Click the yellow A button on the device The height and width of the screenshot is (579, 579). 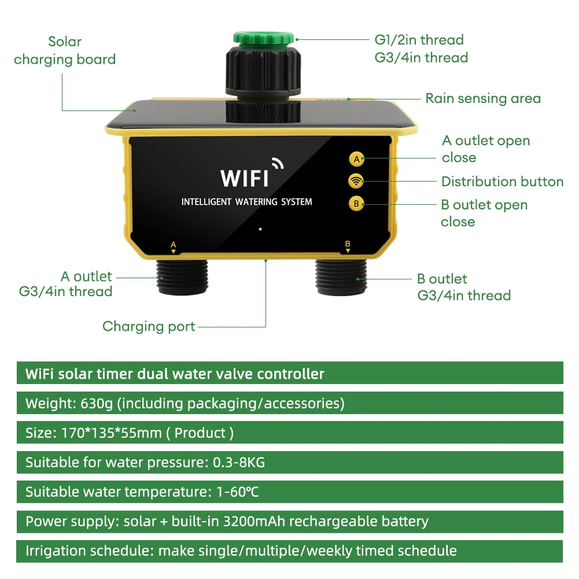click(x=356, y=158)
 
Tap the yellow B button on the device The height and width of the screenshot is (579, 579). click(x=356, y=204)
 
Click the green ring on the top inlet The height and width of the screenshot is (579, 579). click(x=265, y=38)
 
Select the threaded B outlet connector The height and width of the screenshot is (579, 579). click(x=342, y=278)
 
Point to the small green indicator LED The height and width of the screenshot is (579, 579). click(x=261, y=229)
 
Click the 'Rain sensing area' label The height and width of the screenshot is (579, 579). click(x=483, y=98)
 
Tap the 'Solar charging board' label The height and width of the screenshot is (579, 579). click(x=65, y=50)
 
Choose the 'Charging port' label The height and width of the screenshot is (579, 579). click(x=149, y=326)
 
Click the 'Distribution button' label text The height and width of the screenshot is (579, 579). click(x=502, y=182)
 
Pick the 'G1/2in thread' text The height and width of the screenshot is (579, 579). click(x=419, y=40)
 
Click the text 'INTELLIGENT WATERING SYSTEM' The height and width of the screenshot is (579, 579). click(x=246, y=202)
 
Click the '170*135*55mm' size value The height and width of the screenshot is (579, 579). click(x=111, y=433)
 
